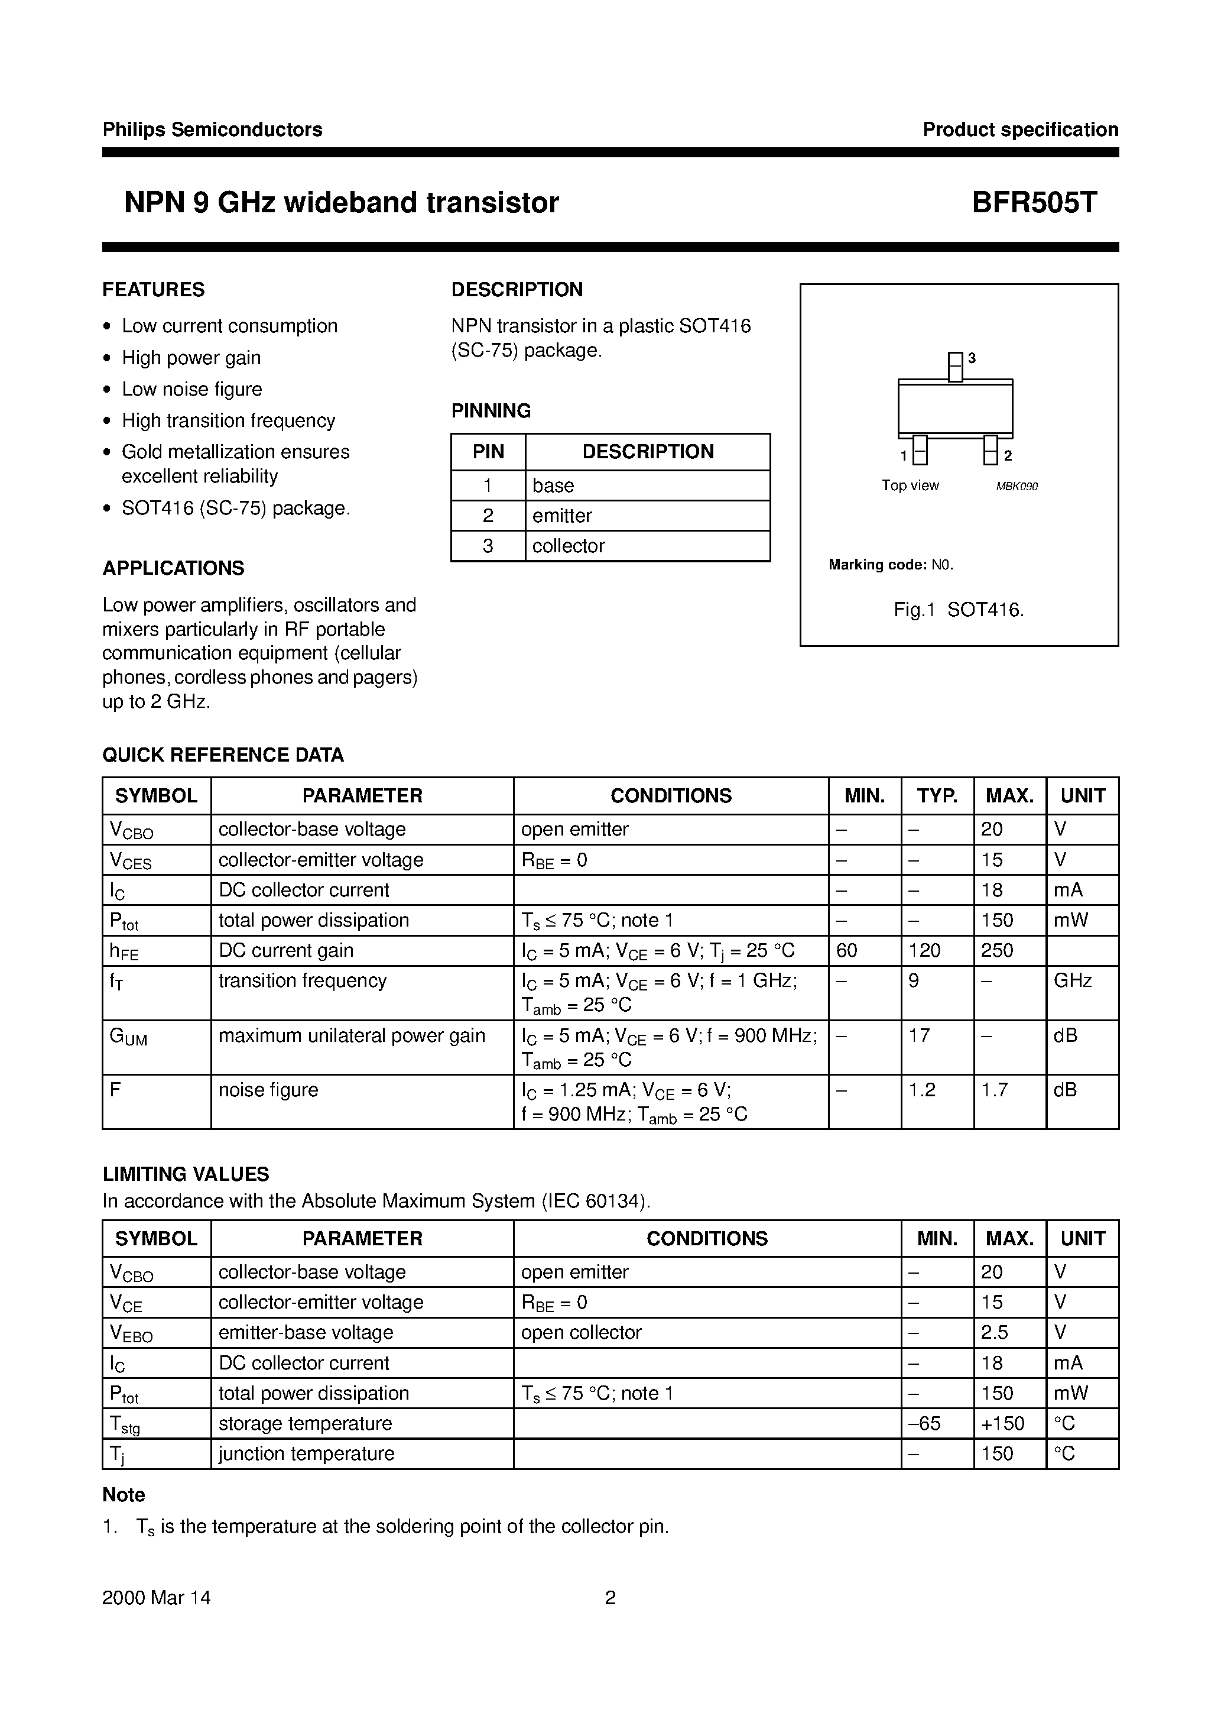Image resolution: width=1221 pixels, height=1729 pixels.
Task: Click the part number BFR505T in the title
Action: [x=1034, y=203]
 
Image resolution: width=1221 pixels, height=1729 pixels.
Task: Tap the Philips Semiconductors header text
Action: [x=212, y=129]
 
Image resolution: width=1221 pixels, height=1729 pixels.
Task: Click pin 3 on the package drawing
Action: [x=954, y=367]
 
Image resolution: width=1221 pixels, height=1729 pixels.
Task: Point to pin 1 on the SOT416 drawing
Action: [x=919, y=451]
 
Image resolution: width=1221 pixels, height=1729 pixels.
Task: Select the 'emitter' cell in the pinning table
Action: [x=562, y=516]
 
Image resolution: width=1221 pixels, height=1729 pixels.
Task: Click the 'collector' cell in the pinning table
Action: [x=569, y=546]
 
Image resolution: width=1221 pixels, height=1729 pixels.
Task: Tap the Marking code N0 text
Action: [x=891, y=565]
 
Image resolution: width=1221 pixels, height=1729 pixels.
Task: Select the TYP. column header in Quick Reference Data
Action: [x=937, y=796]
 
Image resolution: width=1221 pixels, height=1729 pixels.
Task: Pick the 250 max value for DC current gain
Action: [x=998, y=950]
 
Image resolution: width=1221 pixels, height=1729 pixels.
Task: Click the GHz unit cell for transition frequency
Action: [x=1073, y=980]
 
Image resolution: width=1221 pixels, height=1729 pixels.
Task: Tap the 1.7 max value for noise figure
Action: [x=995, y=1090]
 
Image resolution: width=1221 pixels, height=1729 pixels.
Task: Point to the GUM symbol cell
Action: [x=129, y=1037]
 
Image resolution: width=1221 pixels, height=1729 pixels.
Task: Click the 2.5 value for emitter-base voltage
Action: [x=995, y=1332]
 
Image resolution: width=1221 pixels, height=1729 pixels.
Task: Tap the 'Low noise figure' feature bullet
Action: [x=192, y=389]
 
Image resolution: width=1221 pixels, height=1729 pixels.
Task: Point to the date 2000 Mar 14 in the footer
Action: [x=157, y=1597]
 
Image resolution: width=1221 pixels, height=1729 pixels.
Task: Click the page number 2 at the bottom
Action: [x=610, y=1597]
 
